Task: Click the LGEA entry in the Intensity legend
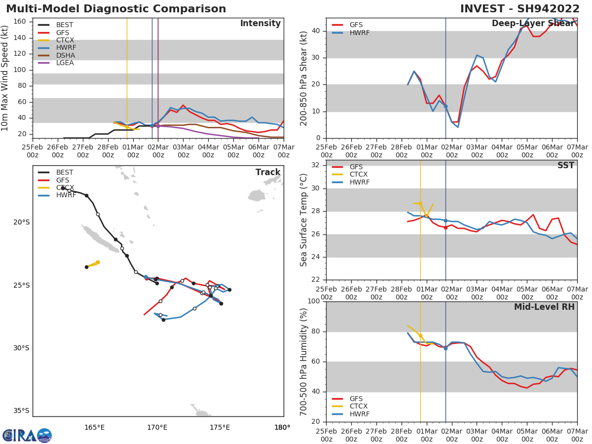pos(64,63)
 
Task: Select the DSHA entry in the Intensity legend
pos(64,55)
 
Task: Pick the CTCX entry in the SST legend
pos(359,175)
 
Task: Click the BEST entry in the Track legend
pos(65,173)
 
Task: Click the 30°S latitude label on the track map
pos(21,348)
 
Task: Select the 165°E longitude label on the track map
pos(94,427)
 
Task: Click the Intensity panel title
pos(260,24)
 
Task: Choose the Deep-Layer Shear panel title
pos(533,24)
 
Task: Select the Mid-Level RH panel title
pos(544,307)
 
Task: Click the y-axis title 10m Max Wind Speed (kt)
pos(5,78)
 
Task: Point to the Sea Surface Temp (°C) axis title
pos(304,220)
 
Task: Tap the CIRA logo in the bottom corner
pos(27,435)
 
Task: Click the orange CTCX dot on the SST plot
pos(420,203)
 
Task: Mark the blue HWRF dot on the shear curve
pos(445,106)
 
